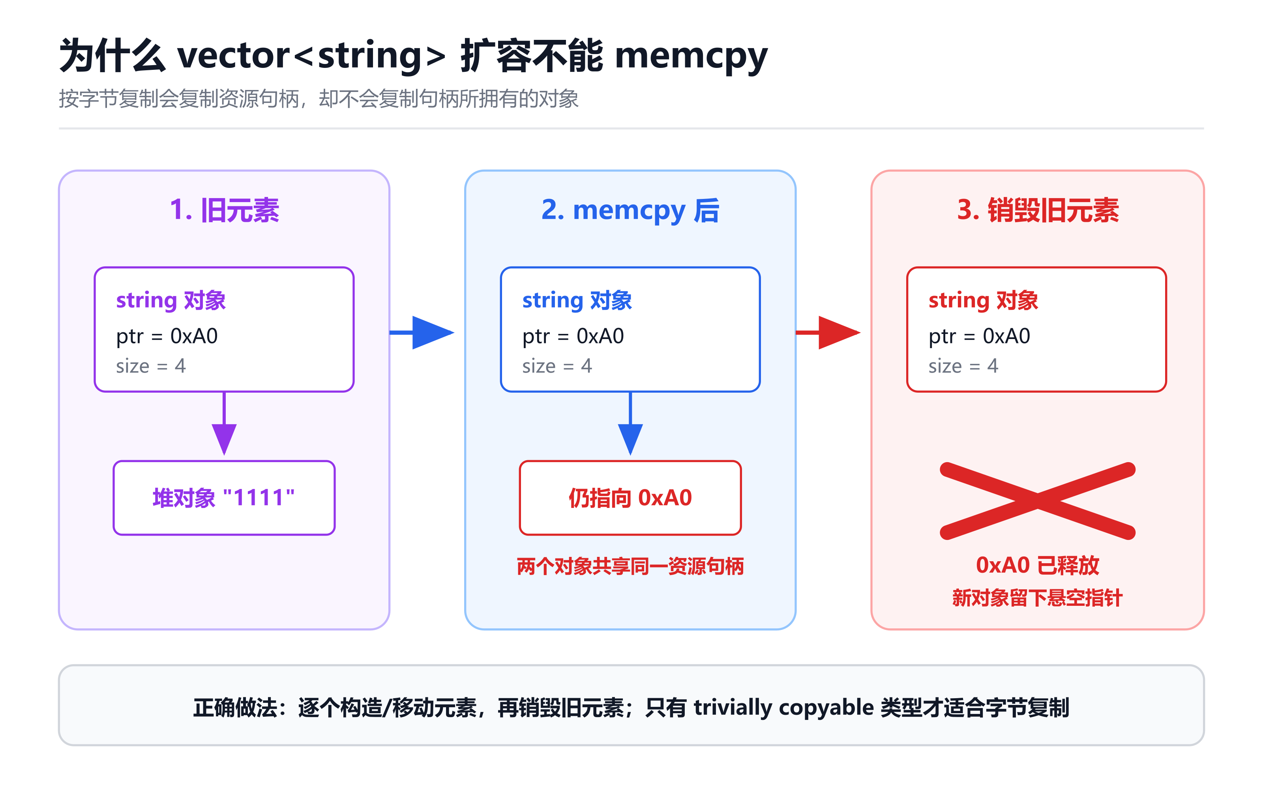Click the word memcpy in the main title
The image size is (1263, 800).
click(691, 57)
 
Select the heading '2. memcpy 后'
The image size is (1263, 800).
click(630, 210)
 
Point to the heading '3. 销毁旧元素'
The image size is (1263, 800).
click(1038, 210)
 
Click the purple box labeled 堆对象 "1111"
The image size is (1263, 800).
click(224, 498)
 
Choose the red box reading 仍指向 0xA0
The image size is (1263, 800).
click(630, 498)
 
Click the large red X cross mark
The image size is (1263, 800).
click(1038, 500)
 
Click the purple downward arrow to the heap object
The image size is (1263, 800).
click(224, 423)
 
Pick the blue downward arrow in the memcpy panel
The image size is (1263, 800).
click(630, 423)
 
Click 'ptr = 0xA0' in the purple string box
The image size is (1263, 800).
click(167, 336)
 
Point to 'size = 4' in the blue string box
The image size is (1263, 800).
click(557, 365)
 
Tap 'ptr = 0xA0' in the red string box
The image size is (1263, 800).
click(979, 336)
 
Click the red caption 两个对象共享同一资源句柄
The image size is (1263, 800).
click(630, 566)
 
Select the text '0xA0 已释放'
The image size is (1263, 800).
click(1038, 565)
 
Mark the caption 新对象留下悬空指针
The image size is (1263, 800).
click(1038, 598)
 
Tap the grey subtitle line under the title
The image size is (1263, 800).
click(319, 99)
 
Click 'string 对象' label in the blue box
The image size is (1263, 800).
click(577, 300)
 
